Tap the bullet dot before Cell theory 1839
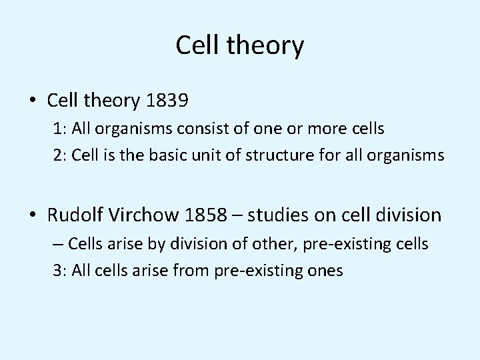tap(33, 102)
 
